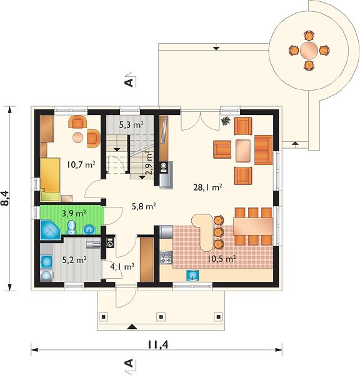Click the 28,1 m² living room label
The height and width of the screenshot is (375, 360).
click(207, 187)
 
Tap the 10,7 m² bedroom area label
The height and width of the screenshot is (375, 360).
click(81, 164)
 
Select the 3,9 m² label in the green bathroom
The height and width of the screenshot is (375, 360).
click(74, 213)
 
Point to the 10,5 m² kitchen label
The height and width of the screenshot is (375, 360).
click(222, 259)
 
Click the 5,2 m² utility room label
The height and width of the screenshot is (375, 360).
click(74, 260)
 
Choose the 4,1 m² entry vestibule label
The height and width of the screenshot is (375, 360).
click(122, 266)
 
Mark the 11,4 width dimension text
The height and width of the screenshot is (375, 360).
click(158, 344)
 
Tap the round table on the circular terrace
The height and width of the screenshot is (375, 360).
click(309, 51)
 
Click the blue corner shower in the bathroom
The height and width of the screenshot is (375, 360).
click(51, 230)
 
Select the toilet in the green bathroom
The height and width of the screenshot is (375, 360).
click(71, 227)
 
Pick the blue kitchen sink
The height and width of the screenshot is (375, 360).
click(192, 276)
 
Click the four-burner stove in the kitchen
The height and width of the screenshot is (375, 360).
click(166, 257)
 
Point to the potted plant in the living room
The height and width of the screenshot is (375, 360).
click(225, 121)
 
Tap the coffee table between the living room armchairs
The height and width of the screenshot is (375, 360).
click(243, 151)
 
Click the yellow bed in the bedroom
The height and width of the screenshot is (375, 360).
click(50, 179)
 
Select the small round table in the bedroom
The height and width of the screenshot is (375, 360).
click(77, 137)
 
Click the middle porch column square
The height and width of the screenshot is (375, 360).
click(161, 317)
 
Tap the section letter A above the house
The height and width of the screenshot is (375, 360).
click(129, 82)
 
